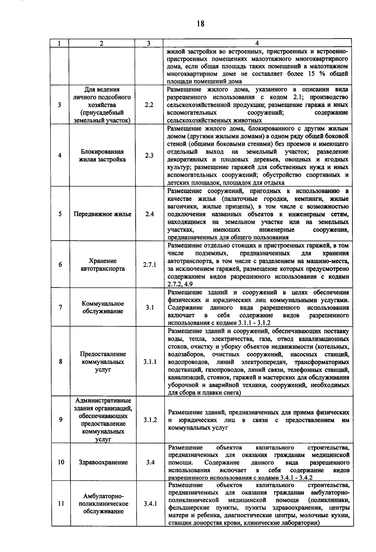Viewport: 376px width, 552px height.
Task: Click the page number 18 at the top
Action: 201,23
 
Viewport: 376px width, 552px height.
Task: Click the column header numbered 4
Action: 257,43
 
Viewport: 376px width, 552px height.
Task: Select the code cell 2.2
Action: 149,105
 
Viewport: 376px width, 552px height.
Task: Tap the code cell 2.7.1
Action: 150,265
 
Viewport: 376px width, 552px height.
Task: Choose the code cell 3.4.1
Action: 150,504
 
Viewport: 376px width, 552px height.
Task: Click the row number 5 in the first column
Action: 60,214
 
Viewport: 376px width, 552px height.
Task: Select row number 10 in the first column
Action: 61,462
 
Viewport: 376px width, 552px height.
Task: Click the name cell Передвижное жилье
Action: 102,214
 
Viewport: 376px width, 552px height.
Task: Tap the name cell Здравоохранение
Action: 103,462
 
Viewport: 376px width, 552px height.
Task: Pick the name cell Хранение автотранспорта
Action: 103,265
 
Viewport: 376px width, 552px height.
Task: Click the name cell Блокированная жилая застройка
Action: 102,156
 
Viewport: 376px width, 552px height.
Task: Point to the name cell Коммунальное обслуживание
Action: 103,307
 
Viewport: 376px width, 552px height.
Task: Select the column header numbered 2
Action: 102,43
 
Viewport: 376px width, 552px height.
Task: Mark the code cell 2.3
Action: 149,156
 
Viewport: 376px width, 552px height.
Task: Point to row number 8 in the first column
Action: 60,362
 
